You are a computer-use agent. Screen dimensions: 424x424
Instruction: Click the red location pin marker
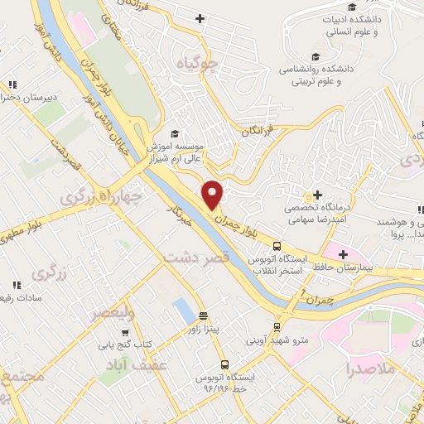(213, 194)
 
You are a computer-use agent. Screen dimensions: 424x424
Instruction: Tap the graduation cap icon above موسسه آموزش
(175, 133)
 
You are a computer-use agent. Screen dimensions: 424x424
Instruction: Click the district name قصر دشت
(196, 258)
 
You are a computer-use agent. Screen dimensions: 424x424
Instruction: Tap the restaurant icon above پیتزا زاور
(204, 315)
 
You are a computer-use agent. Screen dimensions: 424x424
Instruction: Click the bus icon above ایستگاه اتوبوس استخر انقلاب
(277, 246)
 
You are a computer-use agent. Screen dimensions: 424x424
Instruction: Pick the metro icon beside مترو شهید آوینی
(278, 327)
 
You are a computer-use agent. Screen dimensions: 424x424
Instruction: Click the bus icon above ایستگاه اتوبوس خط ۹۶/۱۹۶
(224, 364)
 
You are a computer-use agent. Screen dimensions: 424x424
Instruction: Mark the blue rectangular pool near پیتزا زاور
(181, 312)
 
